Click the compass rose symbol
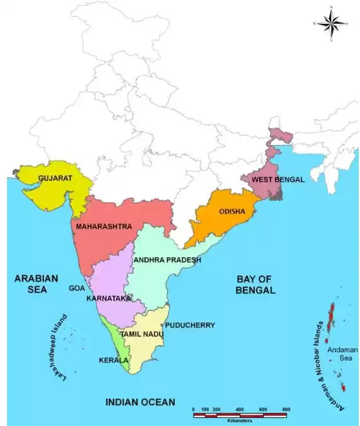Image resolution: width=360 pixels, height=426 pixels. coord(332,24)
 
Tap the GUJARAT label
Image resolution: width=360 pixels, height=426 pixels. coord(55,178)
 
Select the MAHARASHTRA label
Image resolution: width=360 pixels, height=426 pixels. coord(104,226)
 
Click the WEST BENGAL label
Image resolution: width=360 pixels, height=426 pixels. coord(278,180)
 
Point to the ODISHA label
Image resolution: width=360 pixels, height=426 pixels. coord(232,212)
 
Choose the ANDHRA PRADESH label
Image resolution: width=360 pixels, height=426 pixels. coord(167,260)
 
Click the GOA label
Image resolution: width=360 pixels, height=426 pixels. coord(77,288)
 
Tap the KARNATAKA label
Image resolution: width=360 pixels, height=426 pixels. coord(108,297)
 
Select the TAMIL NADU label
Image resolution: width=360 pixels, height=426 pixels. coord(142,333)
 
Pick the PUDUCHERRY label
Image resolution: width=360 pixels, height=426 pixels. coord(190,325)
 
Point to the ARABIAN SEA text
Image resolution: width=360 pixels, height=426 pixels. coord(36,284)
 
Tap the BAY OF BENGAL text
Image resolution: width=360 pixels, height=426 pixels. coord(255,285)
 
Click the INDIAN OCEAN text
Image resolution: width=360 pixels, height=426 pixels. coord(140,402)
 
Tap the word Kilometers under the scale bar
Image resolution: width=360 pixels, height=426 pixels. coord(240,420)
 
